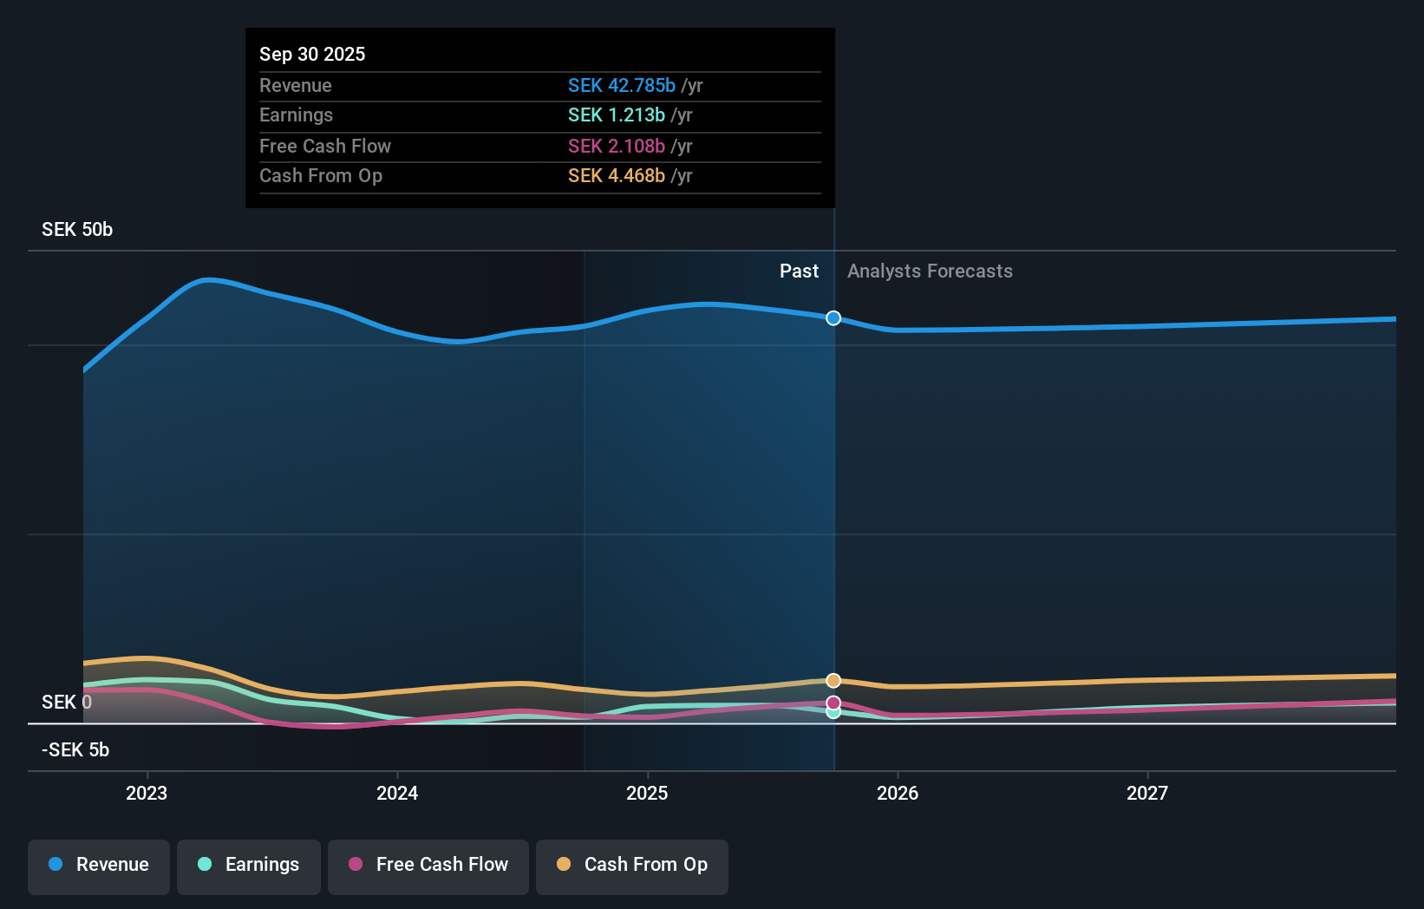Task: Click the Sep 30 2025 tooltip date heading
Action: pos(312,54)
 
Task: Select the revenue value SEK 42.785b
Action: pos(621,85)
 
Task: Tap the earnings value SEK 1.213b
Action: pos(616,114)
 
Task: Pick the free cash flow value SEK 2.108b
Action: pos(616,146)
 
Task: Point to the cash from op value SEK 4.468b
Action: pos(616,175)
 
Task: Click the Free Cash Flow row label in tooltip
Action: pos(325,146)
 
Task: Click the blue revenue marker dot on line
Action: pos(833,318)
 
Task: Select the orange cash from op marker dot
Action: pos(833,681)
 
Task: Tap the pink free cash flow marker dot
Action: pos(833,703)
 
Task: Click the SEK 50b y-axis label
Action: pos(77,229)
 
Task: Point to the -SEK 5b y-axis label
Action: pos(75,749)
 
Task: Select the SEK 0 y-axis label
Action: pos(67,702)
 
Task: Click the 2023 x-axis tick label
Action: pos(147,793)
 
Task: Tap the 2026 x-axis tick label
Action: pos(897,793)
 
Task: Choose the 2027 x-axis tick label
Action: pos(1146,793)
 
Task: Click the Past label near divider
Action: pos(799,271)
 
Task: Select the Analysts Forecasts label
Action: pos(930,271)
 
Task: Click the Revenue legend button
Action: pos(99,865)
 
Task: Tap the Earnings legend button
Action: pos(249,865)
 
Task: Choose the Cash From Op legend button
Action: pos(632,865)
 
